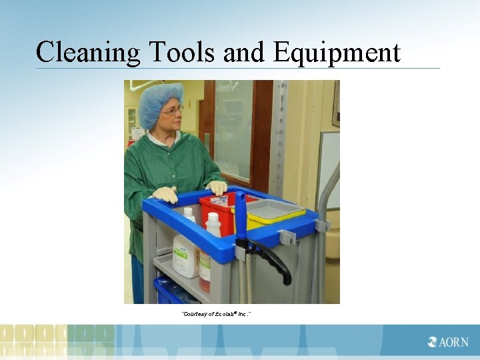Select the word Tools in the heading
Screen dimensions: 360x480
[174, 52]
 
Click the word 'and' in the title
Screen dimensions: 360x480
[244, 52]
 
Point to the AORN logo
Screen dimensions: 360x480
[448, 342]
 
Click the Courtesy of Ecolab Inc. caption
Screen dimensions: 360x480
[217, 313]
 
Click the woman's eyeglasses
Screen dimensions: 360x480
[173, 111]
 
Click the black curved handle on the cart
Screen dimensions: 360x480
[273, 257]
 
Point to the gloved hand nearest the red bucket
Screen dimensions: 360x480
[217, 187]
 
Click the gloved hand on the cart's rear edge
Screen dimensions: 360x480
[165, 195]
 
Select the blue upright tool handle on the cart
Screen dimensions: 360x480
[241, 217]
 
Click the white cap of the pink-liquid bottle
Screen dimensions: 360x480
[213, 219]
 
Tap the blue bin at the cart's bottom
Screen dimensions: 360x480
[170, 291]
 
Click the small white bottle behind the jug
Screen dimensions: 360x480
[189, 215]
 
